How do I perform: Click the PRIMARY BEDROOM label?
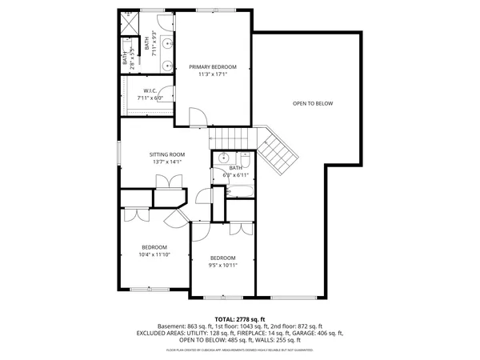pos(213,67)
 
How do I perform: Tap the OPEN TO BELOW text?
pos(312,103)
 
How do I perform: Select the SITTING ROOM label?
pos(167,154)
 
